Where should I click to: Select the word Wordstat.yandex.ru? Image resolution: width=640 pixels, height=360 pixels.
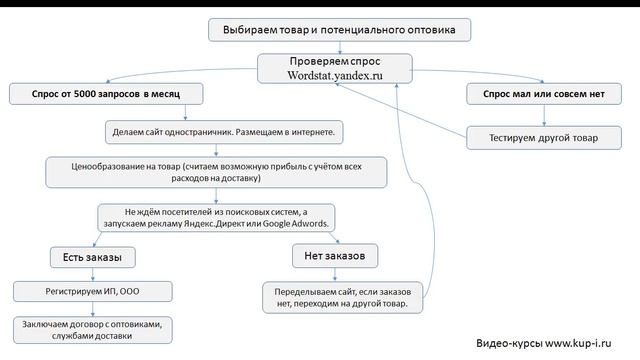click(x=335, y=75)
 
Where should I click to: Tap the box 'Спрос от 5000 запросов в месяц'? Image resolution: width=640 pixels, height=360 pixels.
click(x=107, y=93)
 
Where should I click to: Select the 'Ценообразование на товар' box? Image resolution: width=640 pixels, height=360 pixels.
click(x=216, y=171)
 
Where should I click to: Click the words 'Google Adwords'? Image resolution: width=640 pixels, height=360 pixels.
click(x=299, y=224)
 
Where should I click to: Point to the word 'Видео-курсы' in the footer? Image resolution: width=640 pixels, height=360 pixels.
click(x=509, y=341)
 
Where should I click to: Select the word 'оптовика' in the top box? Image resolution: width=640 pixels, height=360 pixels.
click(x=432, y=30)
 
